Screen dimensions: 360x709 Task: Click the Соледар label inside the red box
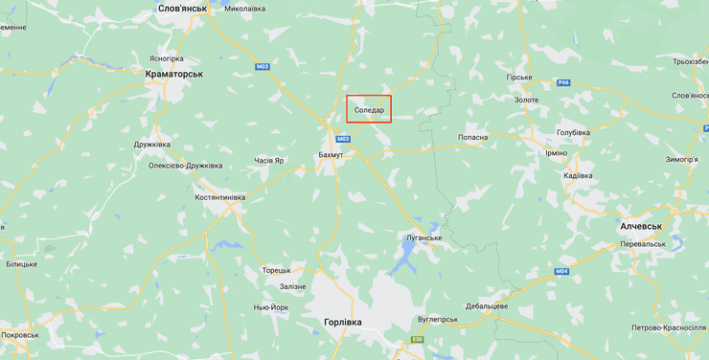[x=369, y=111]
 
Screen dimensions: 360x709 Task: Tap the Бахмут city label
[x=331, y=154]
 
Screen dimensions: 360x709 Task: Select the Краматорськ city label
[x=173, y=74]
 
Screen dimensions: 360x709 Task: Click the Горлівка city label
[x=336, y=322]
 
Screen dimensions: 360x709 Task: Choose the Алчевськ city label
[x=641, y=226]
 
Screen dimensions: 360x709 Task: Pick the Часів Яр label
[x=269, y=160]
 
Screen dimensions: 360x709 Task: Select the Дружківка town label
[x=151, y=145]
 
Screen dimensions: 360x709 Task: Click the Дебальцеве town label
[x=487, y=305]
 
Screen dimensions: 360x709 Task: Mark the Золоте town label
[x=526, y=99]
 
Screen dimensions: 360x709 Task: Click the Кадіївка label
[x=578, y=175]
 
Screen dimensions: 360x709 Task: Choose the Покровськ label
[x=20, y=335]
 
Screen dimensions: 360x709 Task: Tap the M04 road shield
[x=561, y=272]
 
